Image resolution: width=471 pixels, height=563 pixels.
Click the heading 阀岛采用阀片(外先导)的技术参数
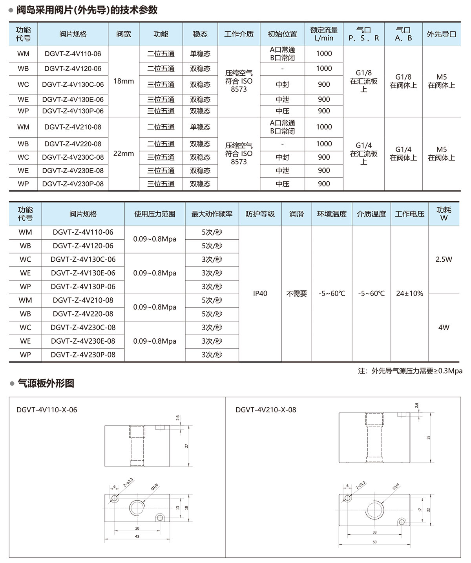(87, 10)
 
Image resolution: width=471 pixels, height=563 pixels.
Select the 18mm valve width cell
(124, 81)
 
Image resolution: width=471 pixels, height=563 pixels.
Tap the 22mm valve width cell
(124, 154)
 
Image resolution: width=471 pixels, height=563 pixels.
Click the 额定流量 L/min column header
(324, 34)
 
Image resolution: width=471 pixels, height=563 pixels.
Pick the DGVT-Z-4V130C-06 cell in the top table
(73, 84)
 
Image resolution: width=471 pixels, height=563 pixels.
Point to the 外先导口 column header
(442, 34)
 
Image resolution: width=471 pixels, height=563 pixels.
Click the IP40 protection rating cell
(260, 293)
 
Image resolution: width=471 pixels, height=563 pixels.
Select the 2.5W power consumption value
(444, 259)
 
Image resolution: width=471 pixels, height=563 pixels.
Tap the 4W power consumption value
(444, 327)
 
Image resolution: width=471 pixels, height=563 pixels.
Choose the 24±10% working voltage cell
(409, 293)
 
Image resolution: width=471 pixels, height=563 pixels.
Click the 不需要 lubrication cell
(296, 293)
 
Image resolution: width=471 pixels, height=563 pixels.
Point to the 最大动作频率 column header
(212, 214)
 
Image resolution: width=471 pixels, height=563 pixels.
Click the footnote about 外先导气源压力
(410, 371)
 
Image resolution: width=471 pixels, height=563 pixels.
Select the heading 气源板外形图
(46, 383)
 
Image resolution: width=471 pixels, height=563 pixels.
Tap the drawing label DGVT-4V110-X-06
(47, 410)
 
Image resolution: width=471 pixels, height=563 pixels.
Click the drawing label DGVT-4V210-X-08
(266, 410)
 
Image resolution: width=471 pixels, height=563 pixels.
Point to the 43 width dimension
(137, 536)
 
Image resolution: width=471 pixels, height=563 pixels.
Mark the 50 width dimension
(374, 542)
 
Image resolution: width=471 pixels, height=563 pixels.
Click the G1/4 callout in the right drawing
(396, 487)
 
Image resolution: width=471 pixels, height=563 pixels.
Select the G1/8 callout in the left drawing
(155, 487)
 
